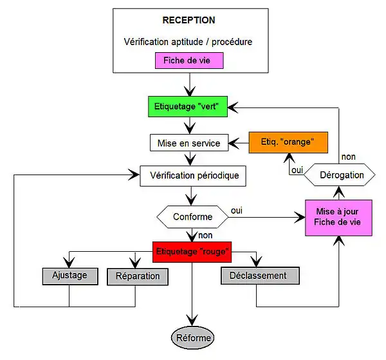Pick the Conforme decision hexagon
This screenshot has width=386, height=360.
tap(192, 216)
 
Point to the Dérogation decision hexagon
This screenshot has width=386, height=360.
tap(342, 175)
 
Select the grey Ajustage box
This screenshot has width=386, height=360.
tap(69, 275)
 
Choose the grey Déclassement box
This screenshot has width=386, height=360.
tap(261, 276)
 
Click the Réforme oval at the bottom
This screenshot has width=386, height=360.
tap(191, 337)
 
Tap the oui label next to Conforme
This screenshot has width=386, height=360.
tap(237, 210)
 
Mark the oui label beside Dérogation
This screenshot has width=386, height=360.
tap(297, 170)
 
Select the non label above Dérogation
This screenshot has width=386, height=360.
tap(348, 156)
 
